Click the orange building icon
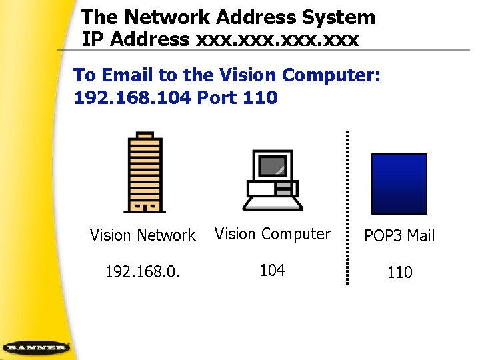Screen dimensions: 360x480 (144, 172)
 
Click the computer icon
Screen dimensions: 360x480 (272, 179)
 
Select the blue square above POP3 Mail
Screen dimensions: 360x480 (399, 183)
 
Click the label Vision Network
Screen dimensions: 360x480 (143, 235)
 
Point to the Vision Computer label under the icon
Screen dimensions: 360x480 (272, 234)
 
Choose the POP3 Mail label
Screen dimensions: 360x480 (399, 236)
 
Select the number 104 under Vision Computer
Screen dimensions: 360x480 (272, 270)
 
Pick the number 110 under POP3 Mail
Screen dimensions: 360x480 (399, 272)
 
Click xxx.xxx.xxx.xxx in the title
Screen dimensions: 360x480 (278, 39)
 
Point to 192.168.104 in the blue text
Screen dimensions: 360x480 (133, 98)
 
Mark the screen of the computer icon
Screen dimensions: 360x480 (272, 165)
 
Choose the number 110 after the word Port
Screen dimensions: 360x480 (261, 98)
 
